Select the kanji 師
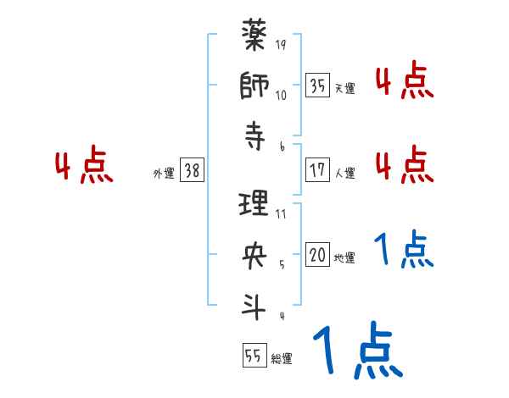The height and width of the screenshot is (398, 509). (255, 86)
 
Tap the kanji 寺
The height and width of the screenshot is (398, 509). (255, 135)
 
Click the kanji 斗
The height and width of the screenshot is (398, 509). (255, 303)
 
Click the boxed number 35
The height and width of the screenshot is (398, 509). (317, 86)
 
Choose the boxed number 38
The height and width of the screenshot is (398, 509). (192, 170)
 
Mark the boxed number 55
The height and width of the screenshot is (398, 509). (253, 357)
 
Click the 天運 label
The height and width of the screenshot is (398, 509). (344, 87)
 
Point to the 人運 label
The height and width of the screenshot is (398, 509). (344, 173)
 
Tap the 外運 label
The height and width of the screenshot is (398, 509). (164, 172)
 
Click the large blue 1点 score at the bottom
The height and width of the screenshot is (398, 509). (356, 351)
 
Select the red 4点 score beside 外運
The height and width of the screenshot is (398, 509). (83, 167)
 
